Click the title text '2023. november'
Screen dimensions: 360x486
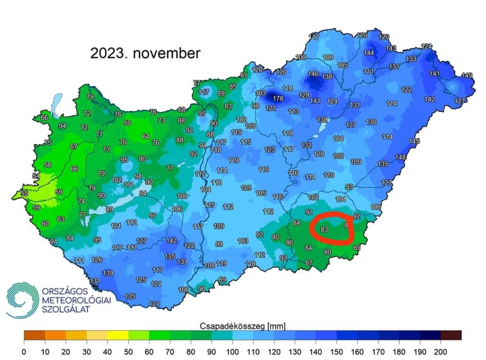(145, 53)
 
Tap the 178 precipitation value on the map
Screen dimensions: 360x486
(278, 99)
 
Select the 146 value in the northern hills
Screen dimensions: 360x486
(313, 74)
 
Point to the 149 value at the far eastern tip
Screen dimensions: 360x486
(467, 75)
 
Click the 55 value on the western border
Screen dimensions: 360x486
(24, 194)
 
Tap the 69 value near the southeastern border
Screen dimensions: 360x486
(357, 248)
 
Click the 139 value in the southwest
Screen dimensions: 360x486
(108, 273)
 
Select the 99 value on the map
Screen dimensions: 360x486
(219, 244)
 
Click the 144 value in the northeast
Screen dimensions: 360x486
(369, 53)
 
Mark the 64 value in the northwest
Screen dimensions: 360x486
(146, 137)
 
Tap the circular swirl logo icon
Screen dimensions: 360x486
(21, 300)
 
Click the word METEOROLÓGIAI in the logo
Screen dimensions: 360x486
(76, 300)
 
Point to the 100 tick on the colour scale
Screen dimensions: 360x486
(232, 352)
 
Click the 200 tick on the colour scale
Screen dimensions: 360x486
(440, 352)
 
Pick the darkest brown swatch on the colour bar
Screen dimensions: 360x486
(451, 335)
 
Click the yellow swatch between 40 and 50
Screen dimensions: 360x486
(117, 335)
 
